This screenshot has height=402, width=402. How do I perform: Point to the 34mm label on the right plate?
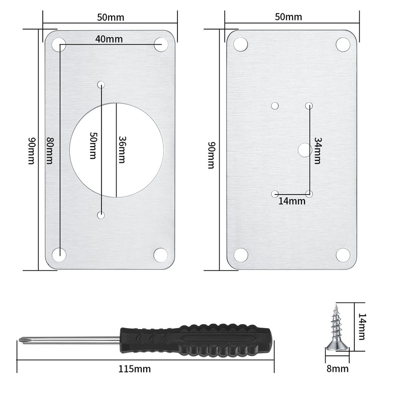point(317,151)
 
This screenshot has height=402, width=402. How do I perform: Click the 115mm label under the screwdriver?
point(134,369)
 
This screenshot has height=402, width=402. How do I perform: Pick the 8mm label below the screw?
point(337,369)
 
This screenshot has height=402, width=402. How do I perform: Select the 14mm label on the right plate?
point(292,202)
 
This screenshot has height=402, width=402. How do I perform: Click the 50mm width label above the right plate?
point(288,17)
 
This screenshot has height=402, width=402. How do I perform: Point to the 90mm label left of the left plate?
point(31,150)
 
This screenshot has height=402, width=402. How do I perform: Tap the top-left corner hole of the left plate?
point(59,44)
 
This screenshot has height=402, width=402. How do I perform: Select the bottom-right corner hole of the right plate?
point(343,255)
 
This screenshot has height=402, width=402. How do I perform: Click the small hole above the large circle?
point(102,84)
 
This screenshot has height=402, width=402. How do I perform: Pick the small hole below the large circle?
point(102,215)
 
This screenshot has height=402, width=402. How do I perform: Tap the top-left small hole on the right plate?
point(275,106)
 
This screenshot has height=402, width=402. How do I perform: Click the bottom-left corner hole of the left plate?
point(59,254)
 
